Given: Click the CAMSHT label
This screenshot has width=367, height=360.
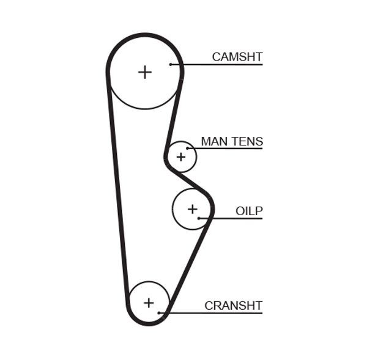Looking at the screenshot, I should click(x=237, y=57).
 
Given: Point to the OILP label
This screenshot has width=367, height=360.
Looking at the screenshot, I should click(x=249, y=211).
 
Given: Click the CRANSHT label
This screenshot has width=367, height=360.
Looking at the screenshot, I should click(x=233, y=306).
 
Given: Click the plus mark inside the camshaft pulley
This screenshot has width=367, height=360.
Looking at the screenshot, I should click(x=144, y=72).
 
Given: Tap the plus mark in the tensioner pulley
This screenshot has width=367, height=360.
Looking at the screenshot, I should click(x=180, y=157).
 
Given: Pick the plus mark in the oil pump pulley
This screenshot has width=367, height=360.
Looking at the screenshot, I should click(x=193, y=210).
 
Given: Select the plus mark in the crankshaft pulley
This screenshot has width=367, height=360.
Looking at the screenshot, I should click(x=149, y=303).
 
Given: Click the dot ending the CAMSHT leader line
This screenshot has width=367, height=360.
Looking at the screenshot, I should click(x=172, y=64).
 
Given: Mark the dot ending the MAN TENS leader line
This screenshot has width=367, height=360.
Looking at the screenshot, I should click(x=188, y=149).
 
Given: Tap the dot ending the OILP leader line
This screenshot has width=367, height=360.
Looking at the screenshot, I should click(x=199, y=218).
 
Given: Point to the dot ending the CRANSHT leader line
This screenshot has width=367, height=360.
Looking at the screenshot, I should click(x=160, y=313).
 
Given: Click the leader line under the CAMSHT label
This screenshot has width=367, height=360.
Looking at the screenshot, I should click(x=220, y=64).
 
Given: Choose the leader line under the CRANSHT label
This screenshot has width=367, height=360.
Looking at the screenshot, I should click(x=214, y=313).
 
